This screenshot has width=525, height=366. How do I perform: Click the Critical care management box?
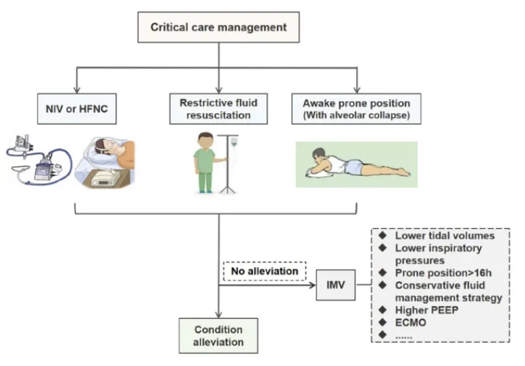219,28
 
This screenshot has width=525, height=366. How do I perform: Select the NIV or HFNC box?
76,109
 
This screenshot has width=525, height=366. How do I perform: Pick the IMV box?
336,285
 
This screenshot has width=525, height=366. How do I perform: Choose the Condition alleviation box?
218,336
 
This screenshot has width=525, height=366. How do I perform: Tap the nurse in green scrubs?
204,163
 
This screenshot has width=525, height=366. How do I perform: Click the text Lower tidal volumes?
444,235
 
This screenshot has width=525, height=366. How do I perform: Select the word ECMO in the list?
411,322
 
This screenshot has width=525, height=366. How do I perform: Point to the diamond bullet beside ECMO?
382,322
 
